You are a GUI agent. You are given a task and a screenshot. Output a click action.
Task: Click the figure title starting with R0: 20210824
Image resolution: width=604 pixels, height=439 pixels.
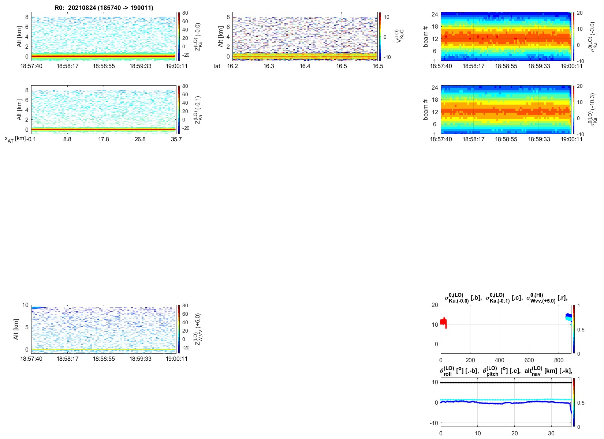[x=104, y=8]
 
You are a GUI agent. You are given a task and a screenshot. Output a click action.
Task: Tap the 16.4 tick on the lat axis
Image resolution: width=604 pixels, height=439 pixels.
[x=305, y=66]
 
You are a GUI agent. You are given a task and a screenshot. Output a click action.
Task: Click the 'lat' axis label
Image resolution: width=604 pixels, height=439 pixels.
[x=217, y=66]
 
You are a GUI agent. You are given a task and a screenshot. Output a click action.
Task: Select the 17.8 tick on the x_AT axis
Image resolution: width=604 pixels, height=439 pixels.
[x=104, y=139]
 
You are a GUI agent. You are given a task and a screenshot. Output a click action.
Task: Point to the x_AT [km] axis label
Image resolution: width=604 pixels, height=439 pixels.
[x=15, y=139]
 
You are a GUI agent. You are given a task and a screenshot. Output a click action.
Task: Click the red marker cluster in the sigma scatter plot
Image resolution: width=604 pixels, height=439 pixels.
[x=443, y=322]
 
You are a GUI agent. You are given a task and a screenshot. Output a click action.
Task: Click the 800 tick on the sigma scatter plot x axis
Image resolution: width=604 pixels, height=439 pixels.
[x=559, y=360]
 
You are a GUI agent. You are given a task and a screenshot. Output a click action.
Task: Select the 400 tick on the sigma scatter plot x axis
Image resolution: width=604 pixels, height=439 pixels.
[x=500, y=360]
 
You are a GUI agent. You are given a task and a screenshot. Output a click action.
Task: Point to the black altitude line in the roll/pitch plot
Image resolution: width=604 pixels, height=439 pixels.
[x=505, y=383]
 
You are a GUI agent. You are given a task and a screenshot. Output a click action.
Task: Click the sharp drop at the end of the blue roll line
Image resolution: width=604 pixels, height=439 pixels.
[x=571, y=409]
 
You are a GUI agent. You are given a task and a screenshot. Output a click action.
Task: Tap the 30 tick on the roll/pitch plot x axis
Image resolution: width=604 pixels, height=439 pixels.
[x=551, y=434]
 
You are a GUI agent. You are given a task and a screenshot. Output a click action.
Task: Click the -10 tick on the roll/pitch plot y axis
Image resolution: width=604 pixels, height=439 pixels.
[x=435, y=423]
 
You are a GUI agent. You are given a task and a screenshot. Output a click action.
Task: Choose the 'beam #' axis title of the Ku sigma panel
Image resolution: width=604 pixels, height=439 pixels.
[x=426, y=37]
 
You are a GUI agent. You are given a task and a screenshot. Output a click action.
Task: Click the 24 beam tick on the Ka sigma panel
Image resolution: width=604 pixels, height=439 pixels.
[x=435, y=88]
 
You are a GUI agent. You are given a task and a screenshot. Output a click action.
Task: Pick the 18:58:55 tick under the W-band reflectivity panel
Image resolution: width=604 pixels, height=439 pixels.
[x=104, y=359]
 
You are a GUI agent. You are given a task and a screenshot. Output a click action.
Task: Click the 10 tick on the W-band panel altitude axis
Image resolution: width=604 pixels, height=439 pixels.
[x=25, y=305]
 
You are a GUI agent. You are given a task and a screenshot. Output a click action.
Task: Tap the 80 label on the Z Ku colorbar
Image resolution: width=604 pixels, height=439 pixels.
[x=185, y=13]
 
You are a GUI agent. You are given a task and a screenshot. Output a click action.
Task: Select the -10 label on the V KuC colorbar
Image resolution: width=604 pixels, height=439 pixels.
[x=387, y=57]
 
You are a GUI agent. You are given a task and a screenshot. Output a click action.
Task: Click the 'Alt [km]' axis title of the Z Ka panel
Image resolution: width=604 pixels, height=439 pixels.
[x=19, y=110]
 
